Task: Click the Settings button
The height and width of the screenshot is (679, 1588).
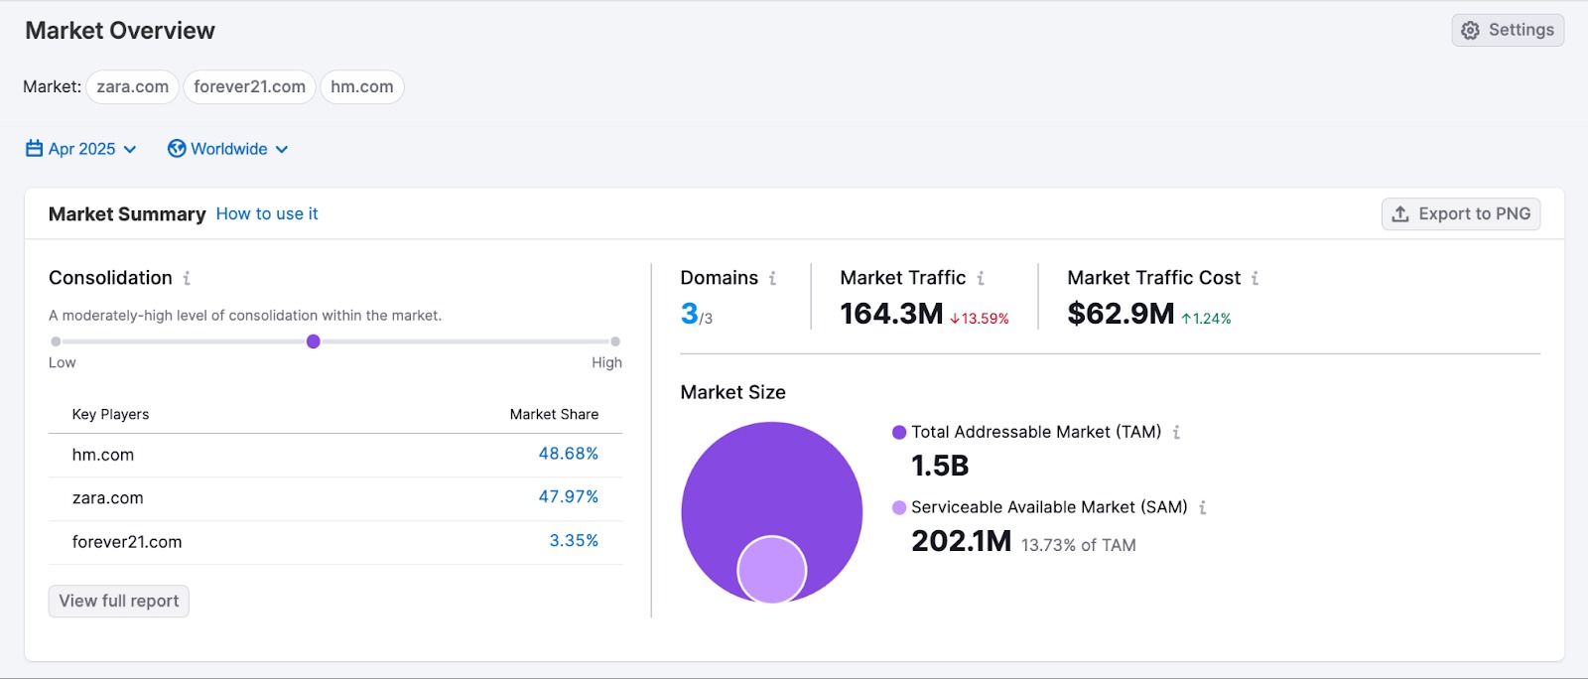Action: tap(1508, 30)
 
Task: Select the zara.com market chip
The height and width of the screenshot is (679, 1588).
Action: tap(132, 87)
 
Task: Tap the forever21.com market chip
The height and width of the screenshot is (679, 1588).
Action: tap(249, 87)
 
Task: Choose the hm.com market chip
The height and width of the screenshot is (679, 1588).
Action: tap(361, 87)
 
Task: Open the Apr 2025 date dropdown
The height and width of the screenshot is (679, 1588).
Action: tap(81, 149)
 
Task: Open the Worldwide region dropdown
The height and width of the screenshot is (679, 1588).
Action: tap(229, 149)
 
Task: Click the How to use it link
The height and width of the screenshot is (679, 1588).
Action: tap(267, 213)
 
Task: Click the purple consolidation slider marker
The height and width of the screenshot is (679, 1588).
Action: tap(314, 341)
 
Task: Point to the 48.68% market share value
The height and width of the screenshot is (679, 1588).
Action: tap(568, 454)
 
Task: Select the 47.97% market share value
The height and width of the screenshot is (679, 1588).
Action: tap(568, 496)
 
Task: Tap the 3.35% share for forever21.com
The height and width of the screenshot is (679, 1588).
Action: tap(574, 541)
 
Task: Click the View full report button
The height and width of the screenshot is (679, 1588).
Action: tap(119, 601)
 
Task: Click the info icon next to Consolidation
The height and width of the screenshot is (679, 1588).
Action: tap(187, 279)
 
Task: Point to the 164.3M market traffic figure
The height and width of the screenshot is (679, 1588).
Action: tap(891, 314)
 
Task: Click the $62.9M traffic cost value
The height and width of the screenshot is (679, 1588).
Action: tap(1121, 314)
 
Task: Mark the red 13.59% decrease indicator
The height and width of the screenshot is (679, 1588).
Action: tap(980, 319)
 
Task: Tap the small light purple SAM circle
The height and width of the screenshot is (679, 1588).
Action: tap(771, 570)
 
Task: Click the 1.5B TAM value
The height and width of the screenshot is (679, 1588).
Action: tap(940, 466)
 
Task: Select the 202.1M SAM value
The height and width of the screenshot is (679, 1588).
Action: tap(961, 541)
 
